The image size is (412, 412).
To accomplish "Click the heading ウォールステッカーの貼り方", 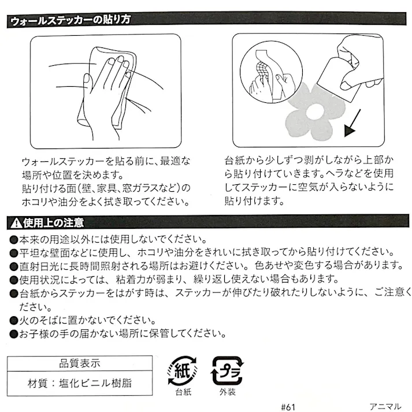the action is (70, 20).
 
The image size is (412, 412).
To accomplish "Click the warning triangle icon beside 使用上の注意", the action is (16, 223).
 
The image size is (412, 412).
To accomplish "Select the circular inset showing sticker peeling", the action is (271, 72).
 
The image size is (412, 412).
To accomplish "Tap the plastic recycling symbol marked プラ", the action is (227, 371).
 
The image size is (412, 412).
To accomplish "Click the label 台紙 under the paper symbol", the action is (183, 392).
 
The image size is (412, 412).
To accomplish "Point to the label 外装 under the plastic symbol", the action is (228, 392).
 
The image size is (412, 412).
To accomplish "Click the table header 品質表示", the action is (80, 363).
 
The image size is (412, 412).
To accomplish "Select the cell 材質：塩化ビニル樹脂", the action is (80, 383).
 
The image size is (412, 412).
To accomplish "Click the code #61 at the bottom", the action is (288, 407).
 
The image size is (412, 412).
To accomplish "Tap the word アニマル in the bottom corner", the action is (385, 407).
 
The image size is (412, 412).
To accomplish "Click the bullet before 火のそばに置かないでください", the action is (13, 321).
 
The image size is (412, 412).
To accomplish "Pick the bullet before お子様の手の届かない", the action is (13, 334).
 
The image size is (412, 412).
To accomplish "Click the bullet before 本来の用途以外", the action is (13, 240).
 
